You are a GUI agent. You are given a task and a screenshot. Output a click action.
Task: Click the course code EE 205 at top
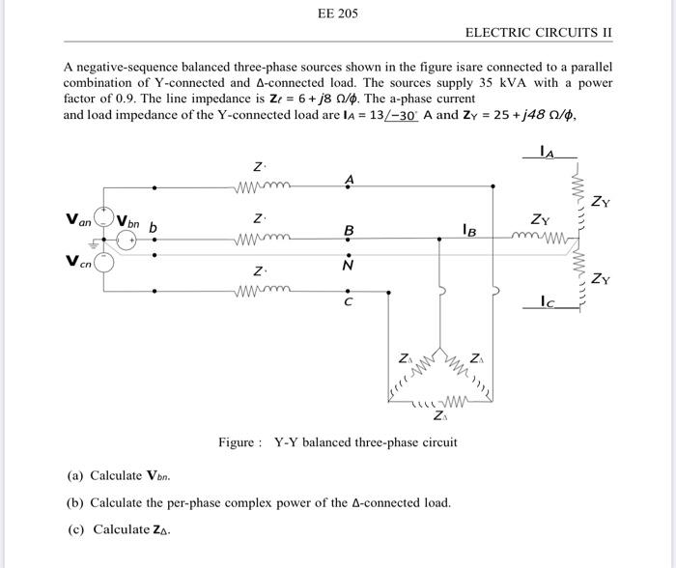click(x=337, y=14)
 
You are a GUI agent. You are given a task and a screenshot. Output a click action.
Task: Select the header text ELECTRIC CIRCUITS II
click(x=539, y=33)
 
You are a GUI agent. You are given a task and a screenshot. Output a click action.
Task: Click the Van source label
click(x=78, y=221)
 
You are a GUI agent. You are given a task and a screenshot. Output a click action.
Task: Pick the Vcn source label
click(x=78, y=261)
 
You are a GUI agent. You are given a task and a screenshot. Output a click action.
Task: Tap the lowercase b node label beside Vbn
click(x=153, y=228)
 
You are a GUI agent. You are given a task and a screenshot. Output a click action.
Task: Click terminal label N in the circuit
click(x=349, y=264)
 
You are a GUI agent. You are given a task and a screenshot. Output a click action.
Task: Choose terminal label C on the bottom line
click(x=349, y=303)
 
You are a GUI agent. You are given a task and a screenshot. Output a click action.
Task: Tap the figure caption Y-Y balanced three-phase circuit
click(x=366, y=443)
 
